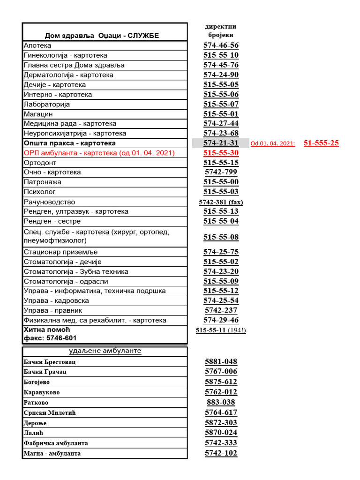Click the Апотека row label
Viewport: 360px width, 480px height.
37,45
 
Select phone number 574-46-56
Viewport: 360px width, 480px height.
221,45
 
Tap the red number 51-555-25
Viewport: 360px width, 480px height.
321,143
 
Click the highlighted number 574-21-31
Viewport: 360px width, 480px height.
221,143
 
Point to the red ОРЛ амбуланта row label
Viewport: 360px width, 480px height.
99,153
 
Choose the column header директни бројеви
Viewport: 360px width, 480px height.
221,30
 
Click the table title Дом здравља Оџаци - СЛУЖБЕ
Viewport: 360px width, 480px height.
102,36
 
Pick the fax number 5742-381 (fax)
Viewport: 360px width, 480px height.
221,202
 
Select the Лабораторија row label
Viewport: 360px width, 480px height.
46,104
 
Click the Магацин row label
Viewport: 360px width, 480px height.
38,114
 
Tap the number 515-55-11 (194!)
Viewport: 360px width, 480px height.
221,330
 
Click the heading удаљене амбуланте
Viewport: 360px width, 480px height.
105,351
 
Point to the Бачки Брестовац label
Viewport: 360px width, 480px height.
49,362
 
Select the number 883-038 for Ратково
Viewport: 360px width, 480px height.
221,402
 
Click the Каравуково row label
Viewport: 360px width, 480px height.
42,392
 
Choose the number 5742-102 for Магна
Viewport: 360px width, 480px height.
221,453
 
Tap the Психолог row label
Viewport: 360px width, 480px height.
39,192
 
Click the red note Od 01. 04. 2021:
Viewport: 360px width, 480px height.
273,144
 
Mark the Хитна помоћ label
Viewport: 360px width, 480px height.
45,330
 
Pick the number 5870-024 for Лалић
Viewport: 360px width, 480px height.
221,433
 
